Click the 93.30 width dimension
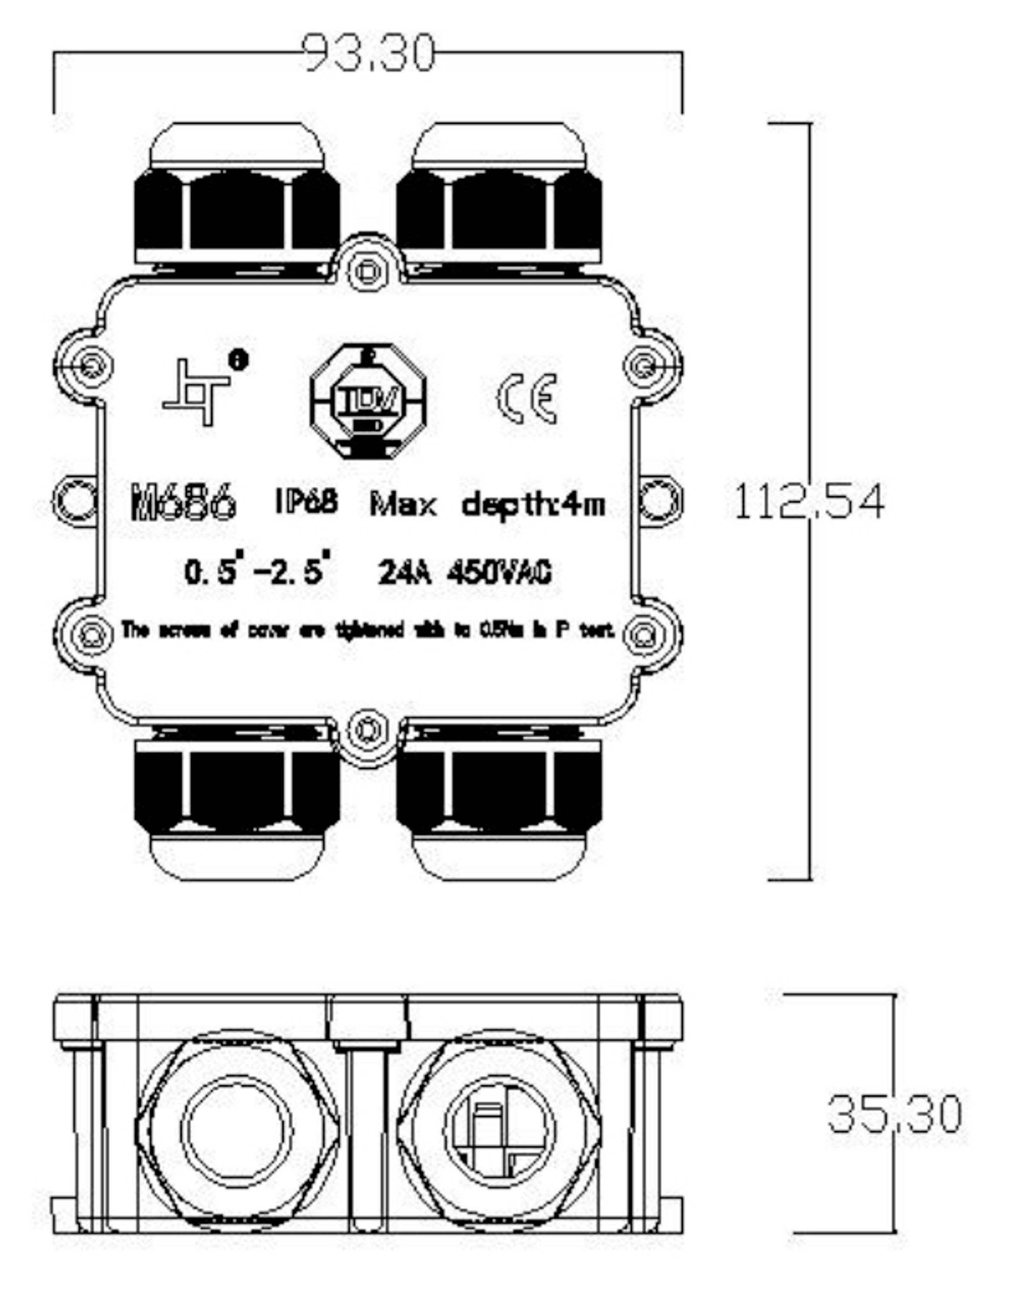point(369,54)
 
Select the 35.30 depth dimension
point(894,1114)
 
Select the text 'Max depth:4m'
point(487,505)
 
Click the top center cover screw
point(368,271)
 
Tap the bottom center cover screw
point(368,730)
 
